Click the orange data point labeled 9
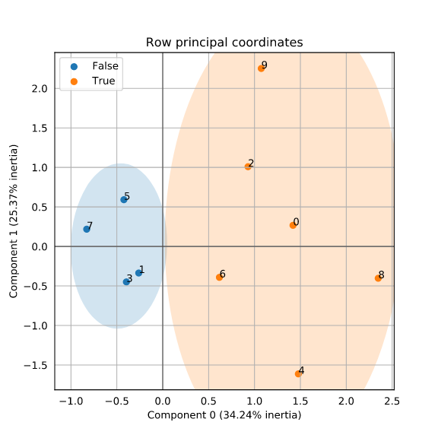point(261,68)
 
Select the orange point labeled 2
point(248,167)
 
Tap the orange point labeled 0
point(293,225)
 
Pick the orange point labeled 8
point(378,278)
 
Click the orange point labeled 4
point(298,373)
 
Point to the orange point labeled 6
point(219,277)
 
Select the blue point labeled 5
point(124,199)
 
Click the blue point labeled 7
point(87,229)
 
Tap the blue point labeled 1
point(138,272)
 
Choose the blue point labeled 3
point(126,281)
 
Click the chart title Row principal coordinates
point(224,42)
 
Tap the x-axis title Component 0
point(224,415)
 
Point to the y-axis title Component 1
point(14,222)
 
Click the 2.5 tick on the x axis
point(392,401)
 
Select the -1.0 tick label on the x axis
point(71,401)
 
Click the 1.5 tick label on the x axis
point(300,401)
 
